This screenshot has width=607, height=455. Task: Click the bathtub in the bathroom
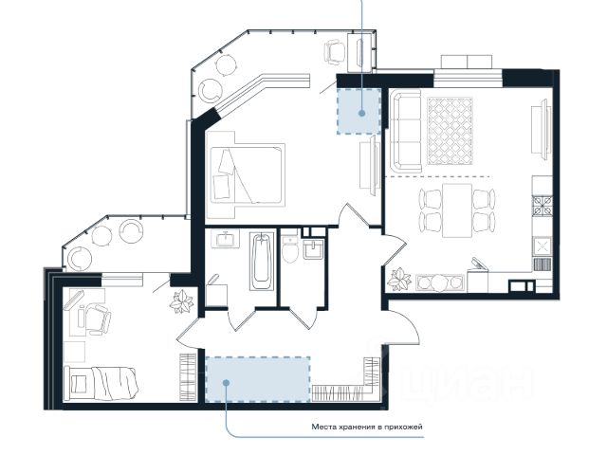point(262,262)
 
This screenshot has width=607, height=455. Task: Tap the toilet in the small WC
point(289,250)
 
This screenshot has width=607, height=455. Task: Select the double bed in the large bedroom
point(247,174)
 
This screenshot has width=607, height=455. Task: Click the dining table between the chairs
point(457,210)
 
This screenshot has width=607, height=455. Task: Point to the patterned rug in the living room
point(451,131)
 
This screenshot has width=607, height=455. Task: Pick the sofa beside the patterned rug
point(406,131)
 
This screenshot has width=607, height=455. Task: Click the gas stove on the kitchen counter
point(543,206)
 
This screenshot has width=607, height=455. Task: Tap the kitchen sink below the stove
point(543,246)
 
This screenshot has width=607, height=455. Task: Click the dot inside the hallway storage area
point(226,383)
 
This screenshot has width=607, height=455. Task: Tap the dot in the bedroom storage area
point(362,114)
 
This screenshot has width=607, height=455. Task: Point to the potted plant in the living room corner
point(399,280)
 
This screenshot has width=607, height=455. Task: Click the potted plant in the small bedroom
point(181,301)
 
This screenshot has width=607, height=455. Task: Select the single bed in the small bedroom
point(101,383)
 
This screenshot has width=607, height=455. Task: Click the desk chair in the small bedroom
point(98,319)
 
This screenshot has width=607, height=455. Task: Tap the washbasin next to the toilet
point(313,249)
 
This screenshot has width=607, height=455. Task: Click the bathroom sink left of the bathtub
point(226,239)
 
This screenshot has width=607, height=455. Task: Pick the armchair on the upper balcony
point(334,51)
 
